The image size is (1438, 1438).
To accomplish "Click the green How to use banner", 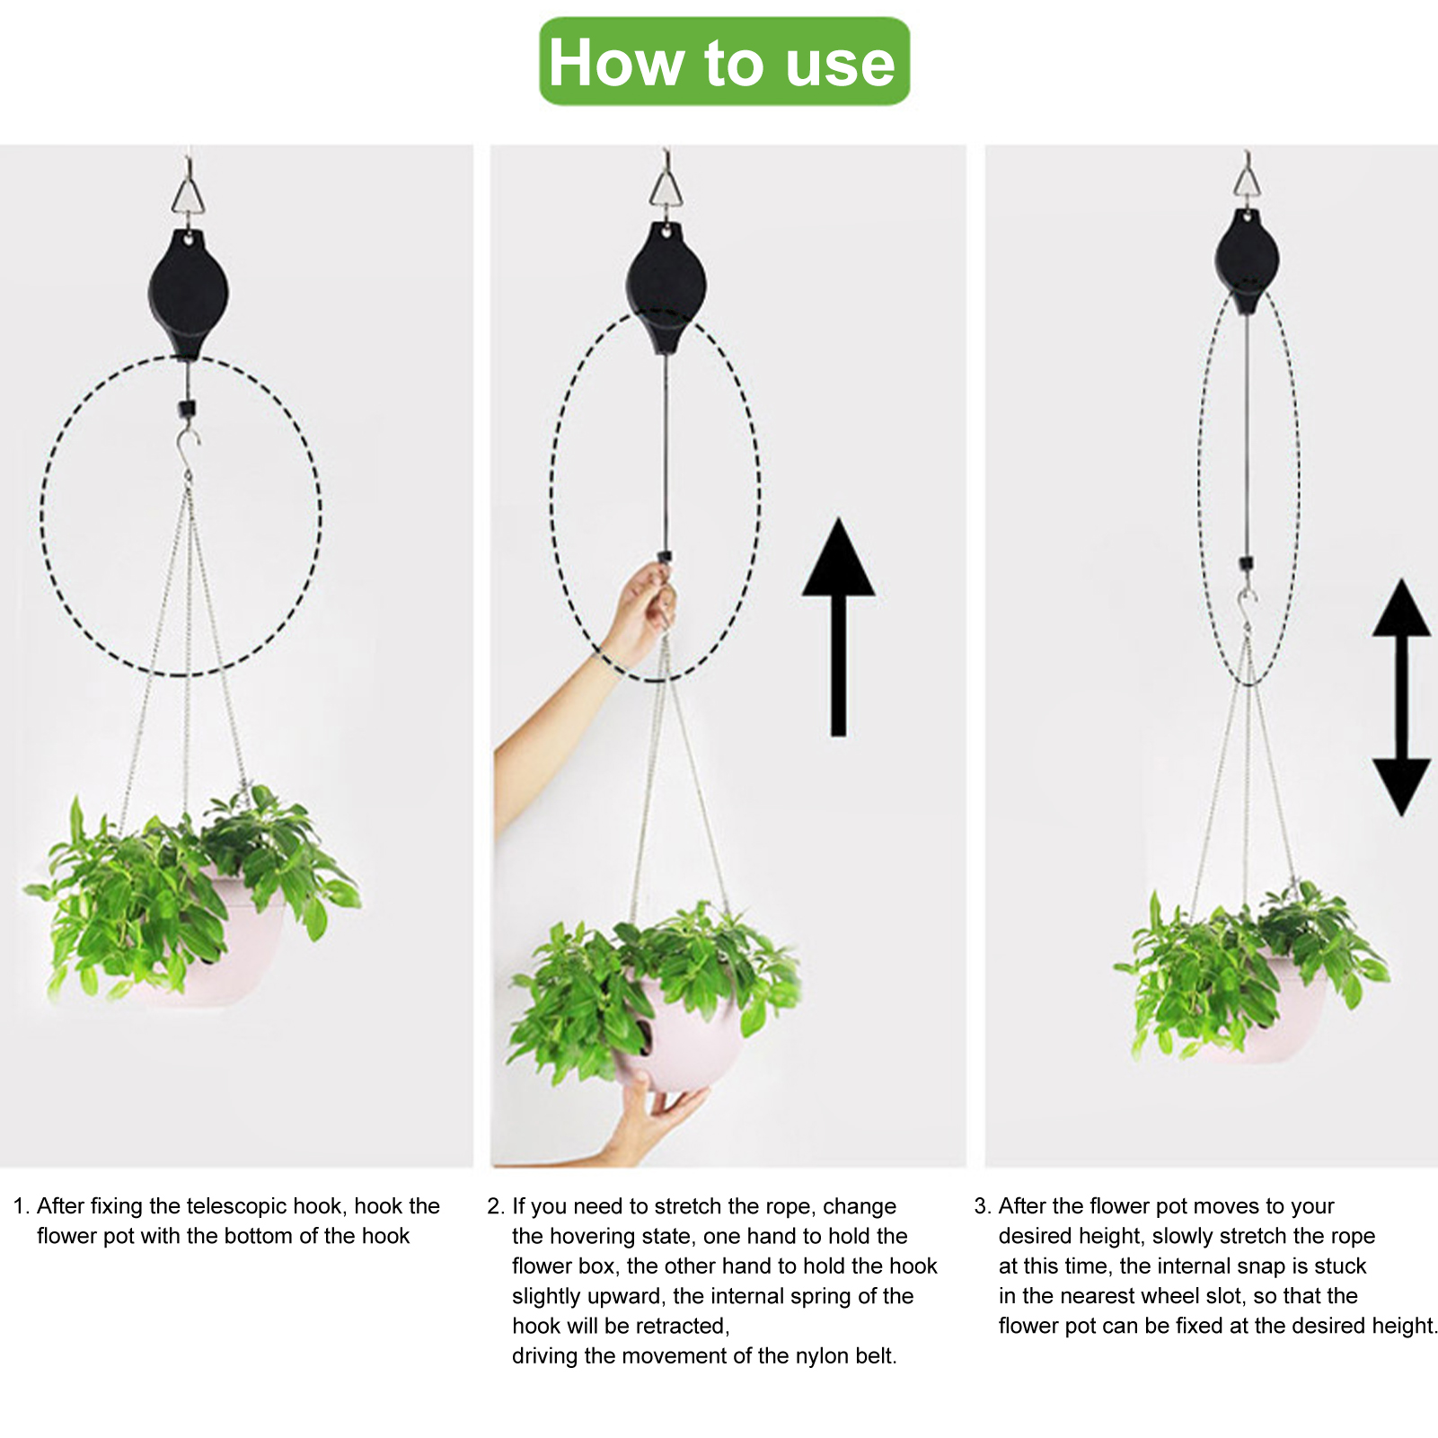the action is coord(724,61).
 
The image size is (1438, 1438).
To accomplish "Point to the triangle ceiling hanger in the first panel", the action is coord(188,191).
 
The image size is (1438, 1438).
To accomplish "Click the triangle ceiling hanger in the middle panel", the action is coord(666,186).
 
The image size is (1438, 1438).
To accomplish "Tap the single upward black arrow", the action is coord(838,627).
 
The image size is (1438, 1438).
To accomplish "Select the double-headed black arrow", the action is coord(1401,698).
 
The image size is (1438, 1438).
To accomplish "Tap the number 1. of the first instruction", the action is coord(22,1206).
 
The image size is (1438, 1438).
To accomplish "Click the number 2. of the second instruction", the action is coord(496,1206).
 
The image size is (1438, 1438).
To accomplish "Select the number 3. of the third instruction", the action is coord(983,1206).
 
